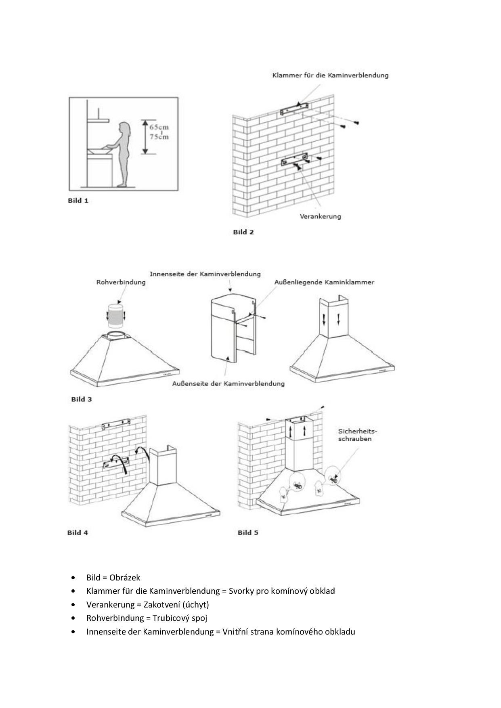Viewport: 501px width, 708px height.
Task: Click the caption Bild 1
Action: pos(78,201)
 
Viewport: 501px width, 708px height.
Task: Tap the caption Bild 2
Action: pos(243,232)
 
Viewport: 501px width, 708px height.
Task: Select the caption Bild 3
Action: pos(82,399)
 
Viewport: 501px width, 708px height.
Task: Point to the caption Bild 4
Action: pos(78,532)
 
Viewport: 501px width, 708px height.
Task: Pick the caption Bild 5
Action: pos(248,532)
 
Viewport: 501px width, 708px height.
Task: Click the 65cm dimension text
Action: pos(159,127)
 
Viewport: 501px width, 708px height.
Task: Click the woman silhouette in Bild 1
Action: pos(124,153)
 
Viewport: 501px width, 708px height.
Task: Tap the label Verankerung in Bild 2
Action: pos(320,216)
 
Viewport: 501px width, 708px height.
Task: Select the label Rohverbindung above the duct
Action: pos(121,282)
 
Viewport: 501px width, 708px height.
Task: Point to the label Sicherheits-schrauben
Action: pos(354,435)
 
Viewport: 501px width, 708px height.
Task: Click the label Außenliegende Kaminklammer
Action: pos(324,282)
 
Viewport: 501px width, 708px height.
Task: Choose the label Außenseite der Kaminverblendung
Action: pos(228,383)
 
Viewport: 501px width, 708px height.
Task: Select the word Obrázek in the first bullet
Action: pos(125,578)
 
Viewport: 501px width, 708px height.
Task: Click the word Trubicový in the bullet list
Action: pos(169,618)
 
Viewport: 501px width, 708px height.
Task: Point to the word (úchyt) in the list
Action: pos(195,605)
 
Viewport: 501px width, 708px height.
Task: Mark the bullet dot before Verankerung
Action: pos(73,605)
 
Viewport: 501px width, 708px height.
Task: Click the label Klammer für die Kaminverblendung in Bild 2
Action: pos(330,75)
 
